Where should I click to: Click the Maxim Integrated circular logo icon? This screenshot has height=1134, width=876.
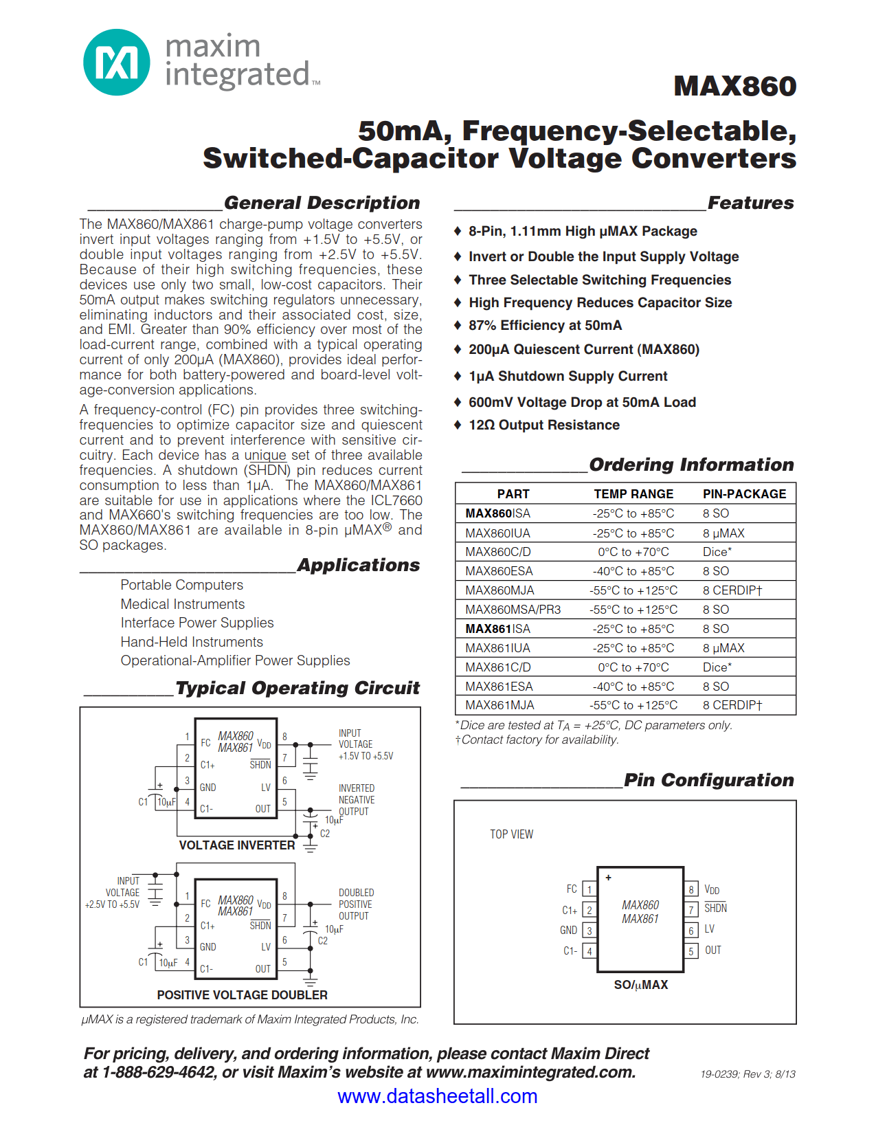pos(116,63)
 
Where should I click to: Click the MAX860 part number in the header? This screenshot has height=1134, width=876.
pos(734,87)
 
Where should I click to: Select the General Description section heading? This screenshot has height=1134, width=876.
pos(322,203)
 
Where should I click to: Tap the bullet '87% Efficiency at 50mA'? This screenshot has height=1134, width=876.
pos(545,326)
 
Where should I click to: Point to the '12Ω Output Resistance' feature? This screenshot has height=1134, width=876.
pos(543,425)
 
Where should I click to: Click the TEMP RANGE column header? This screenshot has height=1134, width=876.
pos(633,494)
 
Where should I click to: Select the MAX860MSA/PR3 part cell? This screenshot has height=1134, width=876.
pos(513,610)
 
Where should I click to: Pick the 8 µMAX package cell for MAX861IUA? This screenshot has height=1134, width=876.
pos(723,648)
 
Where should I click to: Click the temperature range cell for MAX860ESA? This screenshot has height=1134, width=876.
pos(633,571)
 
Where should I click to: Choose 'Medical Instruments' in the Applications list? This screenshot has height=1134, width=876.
pos(183,604)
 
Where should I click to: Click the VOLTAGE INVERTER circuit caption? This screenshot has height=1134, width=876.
pos(236,845)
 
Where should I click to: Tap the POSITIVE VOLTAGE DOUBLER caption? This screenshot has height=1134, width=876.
pos(242,995)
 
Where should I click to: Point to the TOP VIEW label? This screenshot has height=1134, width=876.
pos(511,834)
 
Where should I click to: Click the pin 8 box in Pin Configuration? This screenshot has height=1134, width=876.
pos(691,889)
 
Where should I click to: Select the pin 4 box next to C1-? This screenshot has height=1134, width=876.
pos(589,952)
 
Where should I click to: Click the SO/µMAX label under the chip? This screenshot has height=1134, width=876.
pos(640,985)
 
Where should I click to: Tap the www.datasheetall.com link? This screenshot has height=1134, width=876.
pos(437,1096)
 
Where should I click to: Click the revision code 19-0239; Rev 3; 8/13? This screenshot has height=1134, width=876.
pos(748,1074)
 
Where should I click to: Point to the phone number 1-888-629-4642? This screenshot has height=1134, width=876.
pos(158,1073)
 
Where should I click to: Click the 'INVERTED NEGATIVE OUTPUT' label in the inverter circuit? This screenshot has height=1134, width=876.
pos(357,800)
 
